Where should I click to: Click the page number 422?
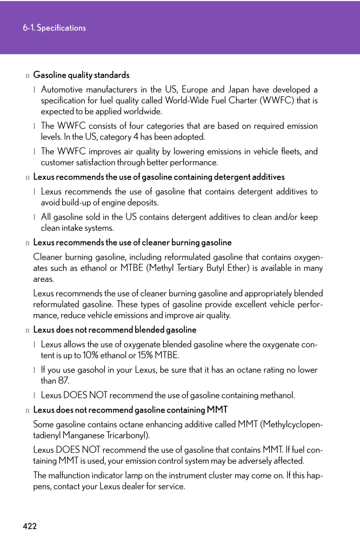(30, 526)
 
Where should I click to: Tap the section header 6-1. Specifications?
(54, 28)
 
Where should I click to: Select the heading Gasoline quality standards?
(81, 75)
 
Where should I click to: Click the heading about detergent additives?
(158, 177)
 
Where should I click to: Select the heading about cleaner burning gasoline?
(132, 242)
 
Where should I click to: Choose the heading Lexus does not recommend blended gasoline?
(115, 330)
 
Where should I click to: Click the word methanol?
(277, 395)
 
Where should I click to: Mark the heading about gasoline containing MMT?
(130, 410)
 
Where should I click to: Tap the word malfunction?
(71, 475)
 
